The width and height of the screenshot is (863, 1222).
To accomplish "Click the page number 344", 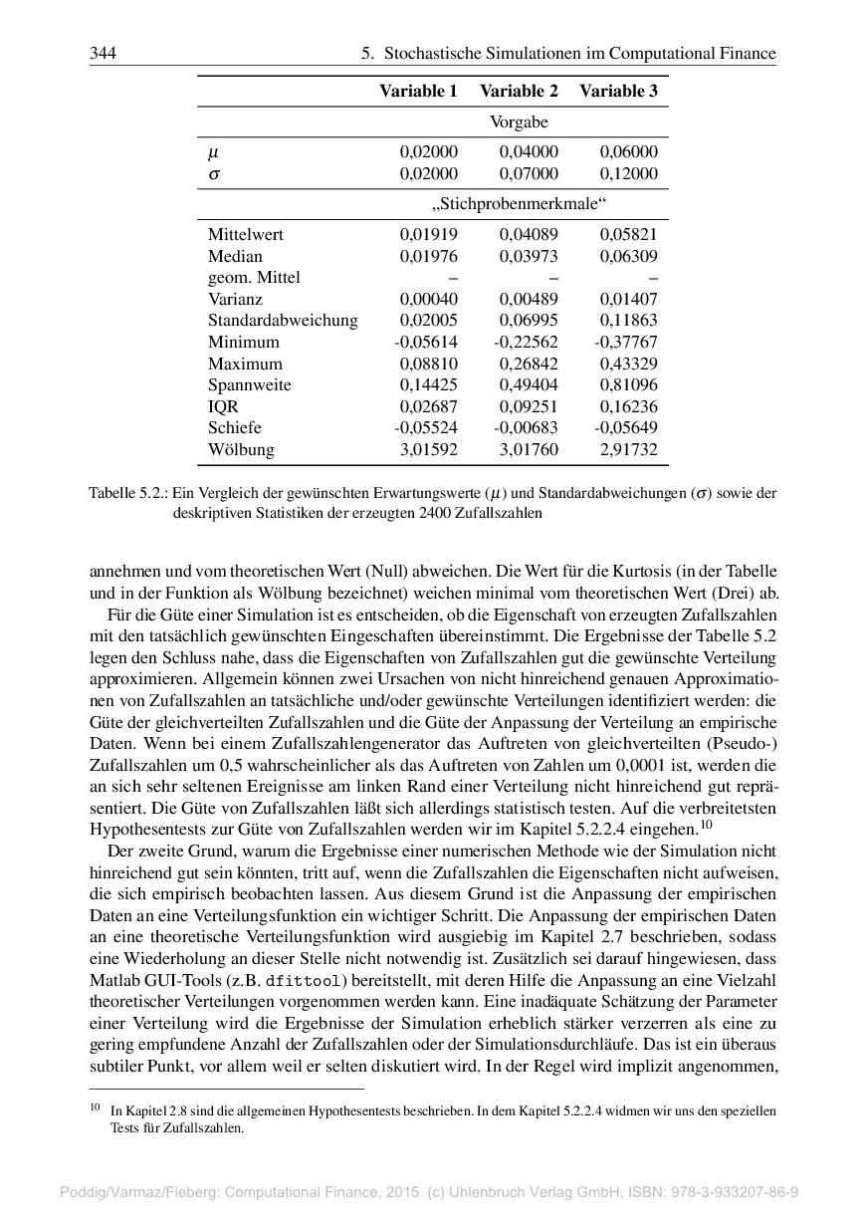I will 103,53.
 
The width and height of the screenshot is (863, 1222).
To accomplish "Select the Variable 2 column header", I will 519,91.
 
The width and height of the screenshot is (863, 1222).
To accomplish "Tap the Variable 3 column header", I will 618,91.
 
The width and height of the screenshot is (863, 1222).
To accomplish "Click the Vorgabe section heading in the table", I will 519,122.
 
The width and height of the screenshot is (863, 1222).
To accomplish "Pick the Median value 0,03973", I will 529,256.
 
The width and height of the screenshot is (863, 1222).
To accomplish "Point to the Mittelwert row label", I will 245,234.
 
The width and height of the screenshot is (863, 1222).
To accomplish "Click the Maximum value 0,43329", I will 628,364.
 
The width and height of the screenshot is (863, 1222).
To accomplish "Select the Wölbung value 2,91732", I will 628,449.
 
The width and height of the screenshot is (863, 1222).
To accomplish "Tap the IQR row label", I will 223,406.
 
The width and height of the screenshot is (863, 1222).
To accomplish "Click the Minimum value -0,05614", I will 426,342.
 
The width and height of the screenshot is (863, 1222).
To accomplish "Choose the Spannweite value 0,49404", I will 529,384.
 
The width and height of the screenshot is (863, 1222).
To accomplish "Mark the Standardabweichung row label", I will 283,321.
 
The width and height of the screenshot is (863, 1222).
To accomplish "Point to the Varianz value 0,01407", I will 628,299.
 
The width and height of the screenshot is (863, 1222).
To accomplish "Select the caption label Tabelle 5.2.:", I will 128,493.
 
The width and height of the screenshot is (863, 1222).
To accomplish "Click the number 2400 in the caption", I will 434,513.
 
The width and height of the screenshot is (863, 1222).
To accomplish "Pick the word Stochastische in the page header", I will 435,53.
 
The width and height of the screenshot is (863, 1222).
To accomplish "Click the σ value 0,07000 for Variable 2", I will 529,173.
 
